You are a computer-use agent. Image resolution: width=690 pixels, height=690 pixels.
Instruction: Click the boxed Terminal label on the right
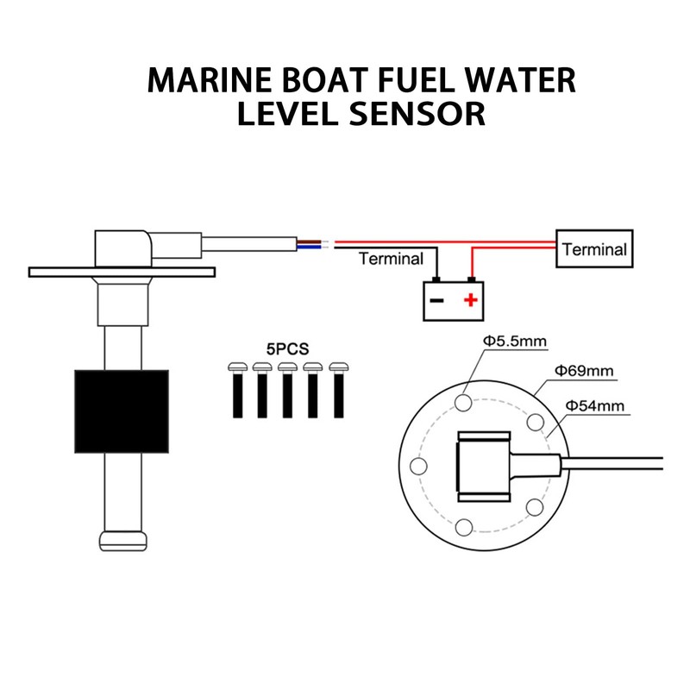594,249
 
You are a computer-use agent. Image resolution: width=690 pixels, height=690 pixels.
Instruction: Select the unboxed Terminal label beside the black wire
391,259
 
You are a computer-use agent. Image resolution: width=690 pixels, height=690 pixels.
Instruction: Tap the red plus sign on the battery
470,301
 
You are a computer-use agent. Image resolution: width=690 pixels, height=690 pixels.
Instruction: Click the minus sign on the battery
436,301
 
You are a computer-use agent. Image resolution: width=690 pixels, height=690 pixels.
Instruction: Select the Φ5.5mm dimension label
514,342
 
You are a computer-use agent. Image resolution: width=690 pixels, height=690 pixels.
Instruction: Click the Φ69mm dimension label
584,371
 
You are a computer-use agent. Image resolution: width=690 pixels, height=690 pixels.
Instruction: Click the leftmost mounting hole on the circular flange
421,467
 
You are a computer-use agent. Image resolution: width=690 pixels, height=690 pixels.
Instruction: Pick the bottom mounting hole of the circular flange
465,527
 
